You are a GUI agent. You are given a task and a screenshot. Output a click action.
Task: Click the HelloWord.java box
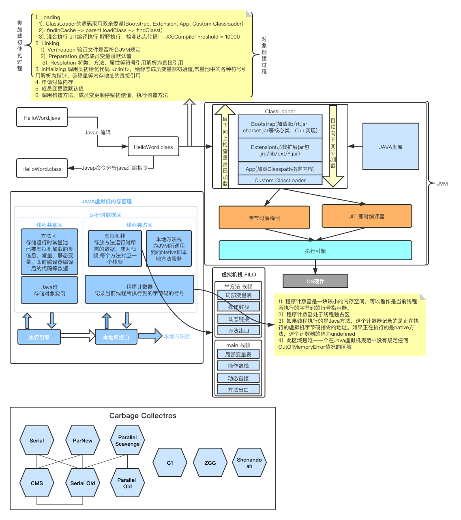42,118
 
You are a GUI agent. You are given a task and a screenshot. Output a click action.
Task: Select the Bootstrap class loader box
280,127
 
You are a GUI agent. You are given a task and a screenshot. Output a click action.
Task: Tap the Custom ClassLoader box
280,180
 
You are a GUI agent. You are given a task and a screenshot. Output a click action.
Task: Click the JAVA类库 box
390,147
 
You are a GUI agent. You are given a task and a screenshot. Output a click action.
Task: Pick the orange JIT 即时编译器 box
367,216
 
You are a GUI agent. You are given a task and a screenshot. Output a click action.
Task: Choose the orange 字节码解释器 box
264,218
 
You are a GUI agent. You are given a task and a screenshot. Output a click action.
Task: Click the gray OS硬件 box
315,281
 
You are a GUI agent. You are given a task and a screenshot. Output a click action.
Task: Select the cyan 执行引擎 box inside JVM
315,251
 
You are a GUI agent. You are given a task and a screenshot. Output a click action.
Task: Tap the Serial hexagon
36,440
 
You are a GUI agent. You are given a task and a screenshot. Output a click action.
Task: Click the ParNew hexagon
82,440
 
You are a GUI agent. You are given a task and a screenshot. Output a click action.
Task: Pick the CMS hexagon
36,483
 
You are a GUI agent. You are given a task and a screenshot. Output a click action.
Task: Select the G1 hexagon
170,463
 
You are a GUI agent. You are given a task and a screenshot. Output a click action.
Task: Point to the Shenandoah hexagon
249,463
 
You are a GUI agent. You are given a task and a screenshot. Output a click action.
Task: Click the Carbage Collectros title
143,416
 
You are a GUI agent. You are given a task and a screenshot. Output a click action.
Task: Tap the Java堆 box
49,290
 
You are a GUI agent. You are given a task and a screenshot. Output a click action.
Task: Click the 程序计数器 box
139,290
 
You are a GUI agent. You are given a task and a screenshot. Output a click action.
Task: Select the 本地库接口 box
116,337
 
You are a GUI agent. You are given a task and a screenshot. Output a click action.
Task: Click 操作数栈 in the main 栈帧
238,366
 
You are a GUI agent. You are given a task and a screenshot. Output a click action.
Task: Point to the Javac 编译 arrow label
97,132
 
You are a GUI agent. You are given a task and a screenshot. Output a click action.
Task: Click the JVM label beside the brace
442,183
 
